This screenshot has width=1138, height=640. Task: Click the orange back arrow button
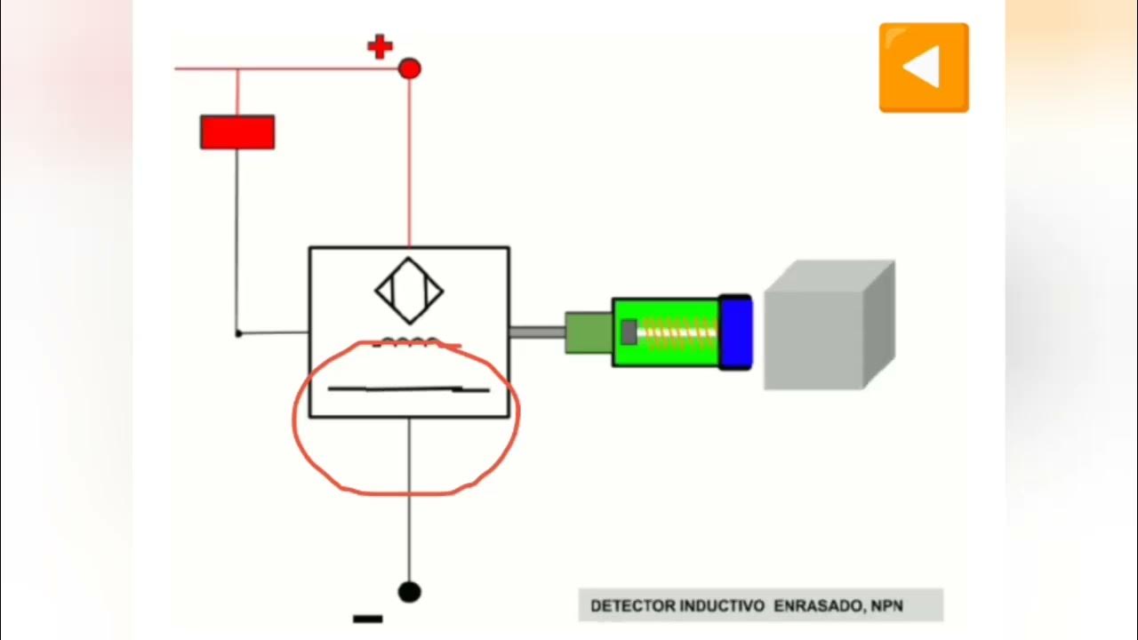pyautogui.click(x=924, y=68)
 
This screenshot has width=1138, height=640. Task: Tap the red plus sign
pyautogui.click(x=380, y=47)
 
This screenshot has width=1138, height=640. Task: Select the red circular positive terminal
pyautogui.click(x=409, y=68)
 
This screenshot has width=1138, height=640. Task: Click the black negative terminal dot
pyautogui.click(x=409, y=591)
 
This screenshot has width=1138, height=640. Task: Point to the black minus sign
pyautogui.click(x=368, y=619)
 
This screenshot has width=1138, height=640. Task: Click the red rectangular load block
pyautogui.click(x=237, y=132)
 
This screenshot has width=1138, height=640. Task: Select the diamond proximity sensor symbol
pyautogui.click(x=409, y=291)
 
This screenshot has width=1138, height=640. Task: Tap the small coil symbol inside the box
pyautogui.click(x=410, y=341)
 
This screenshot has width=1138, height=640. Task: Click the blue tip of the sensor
pyautogui.click(x=736, y=332)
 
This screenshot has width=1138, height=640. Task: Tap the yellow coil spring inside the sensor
pyautogui.click(x=678, y=332)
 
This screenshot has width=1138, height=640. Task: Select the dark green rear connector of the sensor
pyautogui.click(x=588, y=332)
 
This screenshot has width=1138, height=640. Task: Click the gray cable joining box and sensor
pyautogui.click(x=536, y=332)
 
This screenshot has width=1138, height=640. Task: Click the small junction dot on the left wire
pyautogui.click(x=237, y=333)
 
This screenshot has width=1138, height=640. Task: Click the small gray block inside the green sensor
pyautogui.click(x=629, y=332)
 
